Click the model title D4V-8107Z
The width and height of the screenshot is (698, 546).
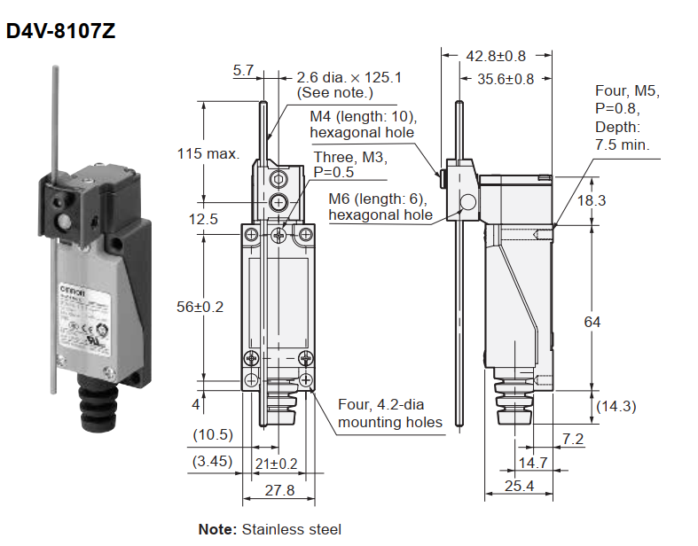point(61,31)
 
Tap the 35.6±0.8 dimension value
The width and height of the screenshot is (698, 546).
point(506,79)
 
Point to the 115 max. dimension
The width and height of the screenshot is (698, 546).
point(208,153)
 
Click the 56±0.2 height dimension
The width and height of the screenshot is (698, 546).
point(200,307)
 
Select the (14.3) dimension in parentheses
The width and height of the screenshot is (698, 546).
point(616,406)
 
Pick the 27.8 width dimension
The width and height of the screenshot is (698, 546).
point(278,490)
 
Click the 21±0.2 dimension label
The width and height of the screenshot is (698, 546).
point(275,463)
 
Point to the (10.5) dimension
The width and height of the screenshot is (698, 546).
point(213,434)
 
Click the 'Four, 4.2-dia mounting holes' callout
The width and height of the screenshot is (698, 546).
point(389,413)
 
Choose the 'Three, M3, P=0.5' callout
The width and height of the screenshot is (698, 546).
point(351,164)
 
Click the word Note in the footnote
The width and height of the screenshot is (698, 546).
point(217,529)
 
